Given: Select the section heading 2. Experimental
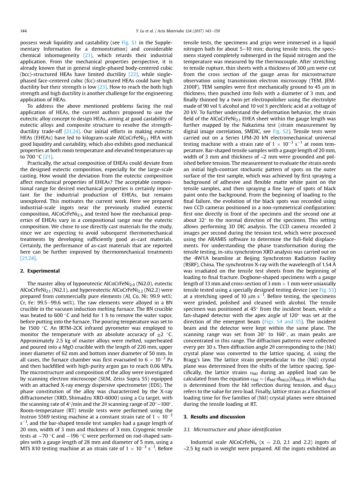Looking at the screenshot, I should click(x=40, y=271).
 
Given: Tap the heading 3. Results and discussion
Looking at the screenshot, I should click(x=214, y=417).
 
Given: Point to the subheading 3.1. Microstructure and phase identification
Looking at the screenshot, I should click(x=232, y=430).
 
